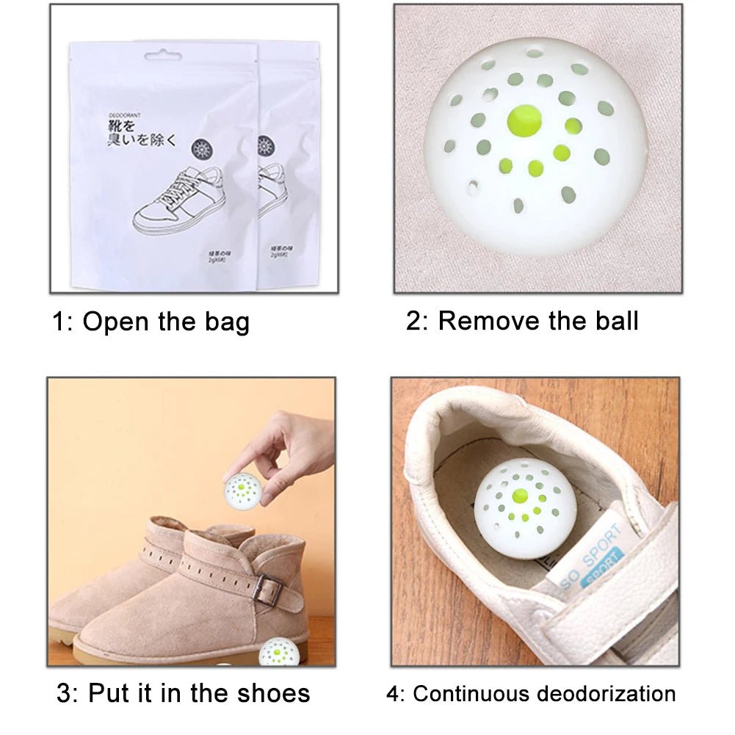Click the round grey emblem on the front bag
pyautogui.click(x=201, y=150)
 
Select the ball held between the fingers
pyautogui.click(x=243, y=491)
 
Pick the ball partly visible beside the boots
pyautogui.click(x=280, y=652)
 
